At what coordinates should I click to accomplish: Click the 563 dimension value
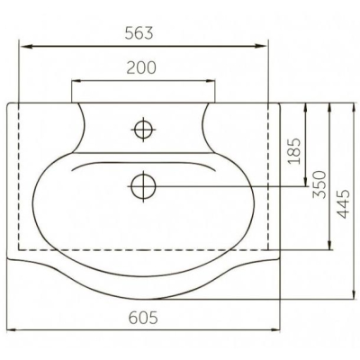(x=139, y=32)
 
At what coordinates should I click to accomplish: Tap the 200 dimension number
(x=141, y=67)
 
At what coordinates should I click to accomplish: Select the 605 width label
(x=143, y=318)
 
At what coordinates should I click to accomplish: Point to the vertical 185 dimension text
(x=294, y=151)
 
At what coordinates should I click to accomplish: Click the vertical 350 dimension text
(x=319, y=184)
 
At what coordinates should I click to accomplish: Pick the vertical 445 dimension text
(x=343, y=204)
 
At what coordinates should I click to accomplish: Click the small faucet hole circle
(x=143, y=130)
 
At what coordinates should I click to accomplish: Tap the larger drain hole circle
(x=143, y=186)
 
